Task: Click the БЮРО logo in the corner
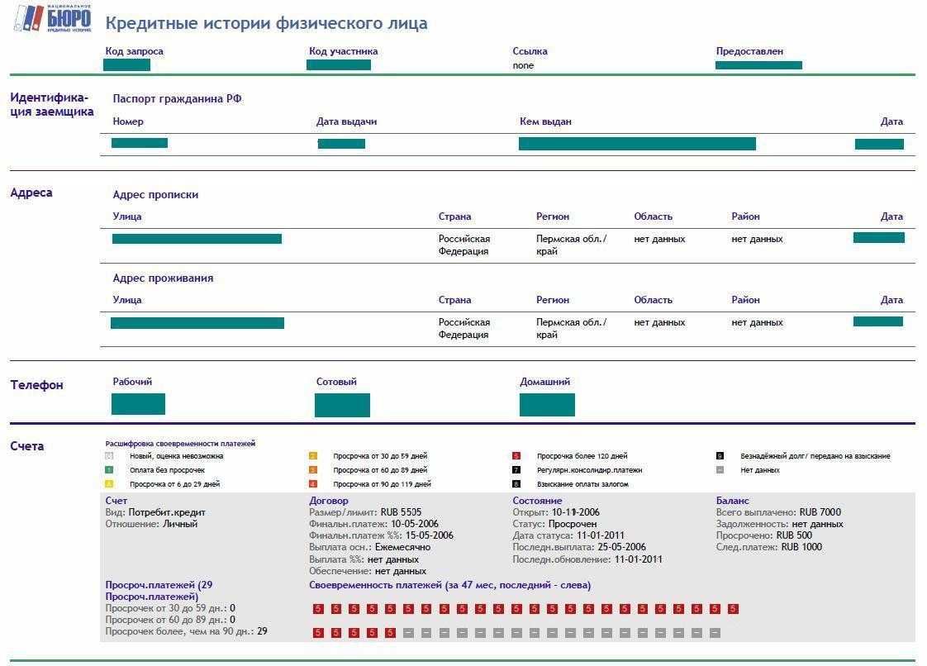click(x=54, y=18)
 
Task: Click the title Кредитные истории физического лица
click(x=266, y=23)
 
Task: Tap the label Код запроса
click(x=134, y=51)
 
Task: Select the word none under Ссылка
click(x=523, y=65)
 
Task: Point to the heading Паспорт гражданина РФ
click(x=177, y=98)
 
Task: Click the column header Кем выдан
click(x=545, y=121)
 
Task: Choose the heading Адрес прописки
click(x=155, y=195)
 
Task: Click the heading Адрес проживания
click(x=163, y=278)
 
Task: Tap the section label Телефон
click(x=36, y=385)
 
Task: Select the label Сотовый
click(x=336, y=382)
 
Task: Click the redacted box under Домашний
click(x=547, y=405)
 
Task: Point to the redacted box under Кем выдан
click(x=637, y=144)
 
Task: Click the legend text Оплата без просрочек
click(x=167, y=470)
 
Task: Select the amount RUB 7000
click(x=820, y=512)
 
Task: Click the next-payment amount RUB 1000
click(x=801, y=547)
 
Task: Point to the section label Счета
click(x=27, y=446)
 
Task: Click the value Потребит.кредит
click(x=166, y=512)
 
